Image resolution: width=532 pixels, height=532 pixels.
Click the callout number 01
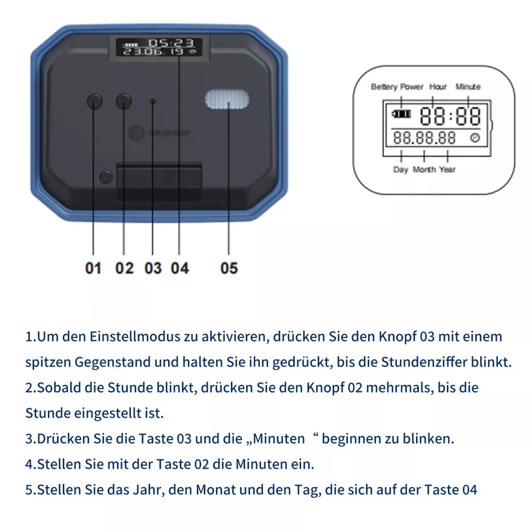click(x=93, y=268)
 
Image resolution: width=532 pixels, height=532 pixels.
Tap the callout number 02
click(x=124, y=268)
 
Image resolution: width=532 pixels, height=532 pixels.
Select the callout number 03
click(x=153, y=268)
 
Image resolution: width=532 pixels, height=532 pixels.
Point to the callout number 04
click(x=180, y=268)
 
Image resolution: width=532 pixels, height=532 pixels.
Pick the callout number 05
click(x=229, y=268)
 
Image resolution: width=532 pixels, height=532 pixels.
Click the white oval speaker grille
click(x=227, y=99)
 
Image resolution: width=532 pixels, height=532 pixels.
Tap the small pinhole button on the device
click(x=153, y=101)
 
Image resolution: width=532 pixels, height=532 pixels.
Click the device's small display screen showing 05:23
click(x=160, y=47)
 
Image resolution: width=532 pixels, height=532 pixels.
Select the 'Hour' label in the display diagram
click(x=438, y=87)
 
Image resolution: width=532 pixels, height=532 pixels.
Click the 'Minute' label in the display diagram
click(x=468, y=87)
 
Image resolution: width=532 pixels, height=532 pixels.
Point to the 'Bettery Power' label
click(x=397, y=87)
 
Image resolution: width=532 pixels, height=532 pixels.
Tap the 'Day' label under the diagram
click(x=401, y=170)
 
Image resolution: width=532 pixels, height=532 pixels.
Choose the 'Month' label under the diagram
click(x=424, y=170)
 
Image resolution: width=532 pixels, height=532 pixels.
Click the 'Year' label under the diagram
click(x=447, y=170)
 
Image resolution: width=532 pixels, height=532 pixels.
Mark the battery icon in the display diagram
click(x=402, y=114)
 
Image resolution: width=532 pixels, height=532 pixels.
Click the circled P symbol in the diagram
click(x=475, y=138)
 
